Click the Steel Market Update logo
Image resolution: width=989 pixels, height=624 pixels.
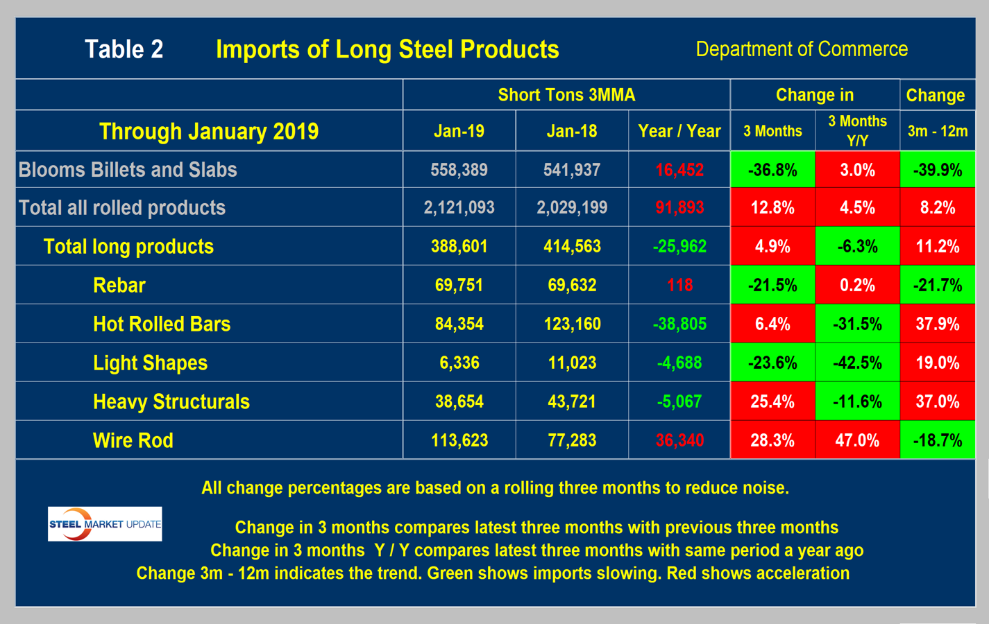pyautogui.click(x=105, y=524)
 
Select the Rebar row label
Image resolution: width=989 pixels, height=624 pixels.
pyautogui.click(x=119, y=285)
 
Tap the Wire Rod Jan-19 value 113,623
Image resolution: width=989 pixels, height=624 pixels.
pyautogui.click(x=459, y=440)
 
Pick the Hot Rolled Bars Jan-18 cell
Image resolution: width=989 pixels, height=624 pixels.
pyautogui.click(x=572, y=324)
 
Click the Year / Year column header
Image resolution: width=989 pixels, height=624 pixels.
pyautogui.click(x=679, y=131)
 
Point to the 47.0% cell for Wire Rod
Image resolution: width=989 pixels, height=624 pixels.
pyautogui.click(x=857, y=440)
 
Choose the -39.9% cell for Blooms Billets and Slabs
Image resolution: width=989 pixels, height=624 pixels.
pyautogui.click(x=937, y=170)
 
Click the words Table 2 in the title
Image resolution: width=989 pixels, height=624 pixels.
pyautogui.click(x=124, y=49)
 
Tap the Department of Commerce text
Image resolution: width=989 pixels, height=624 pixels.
pyautogui.click(x=802, y=49)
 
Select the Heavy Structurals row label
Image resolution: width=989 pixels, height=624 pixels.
pyautogui.click(x=171, y=401)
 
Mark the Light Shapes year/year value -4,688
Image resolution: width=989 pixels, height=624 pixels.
pyautogui.click(x=679, y=363)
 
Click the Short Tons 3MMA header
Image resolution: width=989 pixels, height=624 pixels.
pyautogui.click(x=566, y=95)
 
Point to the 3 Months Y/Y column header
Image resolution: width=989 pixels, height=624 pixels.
pyautogui.click(x=857, y=131)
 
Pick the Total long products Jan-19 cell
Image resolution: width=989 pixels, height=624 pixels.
pyautogui.click(x=459, y=246)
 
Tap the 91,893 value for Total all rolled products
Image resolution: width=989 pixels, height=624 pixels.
pyautogui.click(x=679, y=207)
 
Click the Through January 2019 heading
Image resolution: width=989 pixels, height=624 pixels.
pyautogui.click(x=209, y=131)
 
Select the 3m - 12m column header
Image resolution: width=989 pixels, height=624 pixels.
pyautogui.click(x=937, y=131)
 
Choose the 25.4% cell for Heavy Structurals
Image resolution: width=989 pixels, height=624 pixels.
pyautogui.click(x=772, y=401)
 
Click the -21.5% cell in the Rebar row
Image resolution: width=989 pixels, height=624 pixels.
pyautogui.click(x=772, y=285)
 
